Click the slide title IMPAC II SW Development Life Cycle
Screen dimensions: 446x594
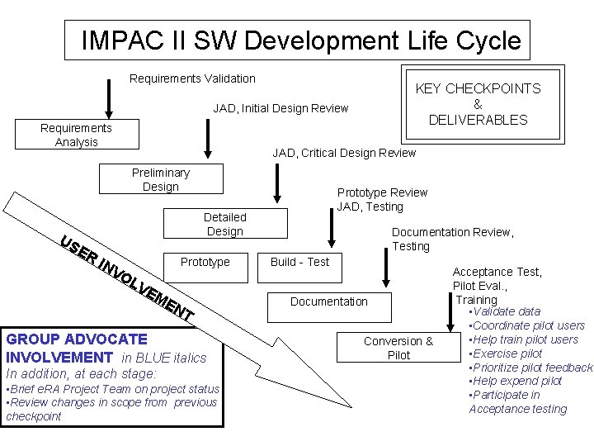pyautogui.click(x=301, y=40)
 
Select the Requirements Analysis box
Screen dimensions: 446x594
pyautogui.click(x=77, y=135)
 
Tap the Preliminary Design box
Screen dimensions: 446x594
pyautogui.click(x=160, y=179)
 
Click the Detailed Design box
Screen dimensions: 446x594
pyautogui.click(x=224, y=224)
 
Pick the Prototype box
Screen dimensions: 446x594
pyautogui.click(x=205, y=262)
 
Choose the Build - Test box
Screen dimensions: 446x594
pyautogui.click(x=299, y=262)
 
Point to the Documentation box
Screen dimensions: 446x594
pyautogui.click(x=328, y=301)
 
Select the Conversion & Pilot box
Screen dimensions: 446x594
pyautogui.click(x=398, y=348)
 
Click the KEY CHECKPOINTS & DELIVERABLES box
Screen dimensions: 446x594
pyautogui.click(x=478, y=104)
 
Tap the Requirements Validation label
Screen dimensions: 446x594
pyautogui.click(x=192, y=78)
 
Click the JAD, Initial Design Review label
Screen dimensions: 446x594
pyautogui.click(x=280, y=108)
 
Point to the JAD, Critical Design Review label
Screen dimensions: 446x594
pyautogui.click(x=344, y=153)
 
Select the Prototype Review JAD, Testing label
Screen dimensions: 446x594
pyautogui.click(x=381, y=199)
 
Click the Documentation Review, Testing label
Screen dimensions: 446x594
pyautogui.click(x=452, y=239)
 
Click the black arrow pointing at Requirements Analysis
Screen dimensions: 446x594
pyautogui.click(x=108, y=99)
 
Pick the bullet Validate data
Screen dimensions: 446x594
pyautogui.click(x=505, y=311)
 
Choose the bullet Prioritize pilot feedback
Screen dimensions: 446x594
pyautogui.click(x=531, y=367)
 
